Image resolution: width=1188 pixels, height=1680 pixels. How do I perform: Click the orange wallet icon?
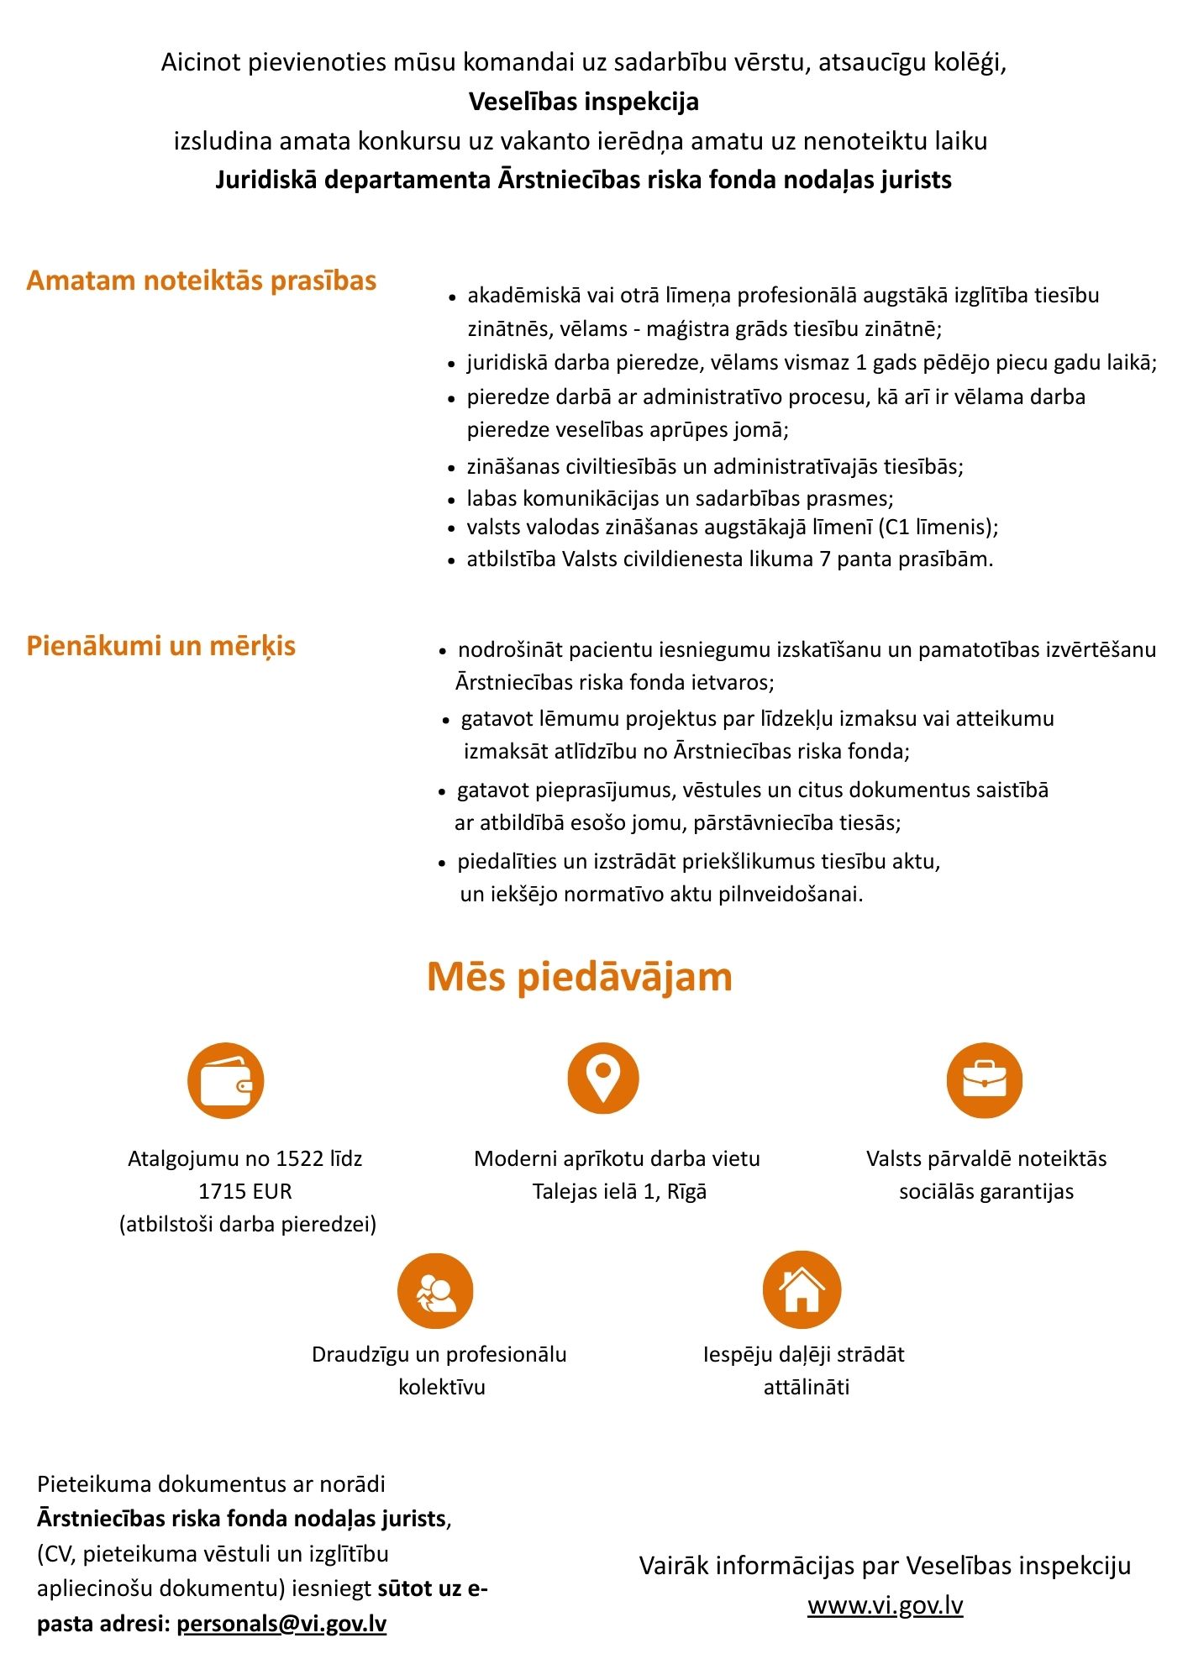point(225,1081)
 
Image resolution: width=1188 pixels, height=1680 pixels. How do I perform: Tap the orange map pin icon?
point(602,1078)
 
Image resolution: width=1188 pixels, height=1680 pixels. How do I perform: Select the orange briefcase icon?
point(984,1080)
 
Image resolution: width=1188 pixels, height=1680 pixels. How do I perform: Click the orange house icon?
point(802,1289)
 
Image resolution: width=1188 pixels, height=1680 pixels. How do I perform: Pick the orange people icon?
point(435,1291)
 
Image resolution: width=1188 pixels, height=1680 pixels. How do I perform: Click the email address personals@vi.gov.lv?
point(281,1623)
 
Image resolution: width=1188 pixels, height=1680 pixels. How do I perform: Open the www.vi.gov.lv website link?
point(885,1605)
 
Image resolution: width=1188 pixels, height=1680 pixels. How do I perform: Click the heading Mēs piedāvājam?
point(579,977)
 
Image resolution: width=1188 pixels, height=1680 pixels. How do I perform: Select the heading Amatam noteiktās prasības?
point(202,281)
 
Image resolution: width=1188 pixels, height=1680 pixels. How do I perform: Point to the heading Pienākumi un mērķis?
point(161,646)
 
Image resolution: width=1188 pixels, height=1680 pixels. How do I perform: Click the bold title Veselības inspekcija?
point(584,102)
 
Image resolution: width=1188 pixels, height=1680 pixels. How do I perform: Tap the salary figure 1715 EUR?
point(245,1191)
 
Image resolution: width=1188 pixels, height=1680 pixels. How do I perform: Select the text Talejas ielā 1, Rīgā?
point(619,1191)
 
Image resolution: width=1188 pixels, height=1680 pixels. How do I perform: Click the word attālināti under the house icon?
point(806,1387)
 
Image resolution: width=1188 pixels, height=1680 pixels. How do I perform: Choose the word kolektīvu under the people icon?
point(442,1387)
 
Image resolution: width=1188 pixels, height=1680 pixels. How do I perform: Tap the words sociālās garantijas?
point(986,1191)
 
